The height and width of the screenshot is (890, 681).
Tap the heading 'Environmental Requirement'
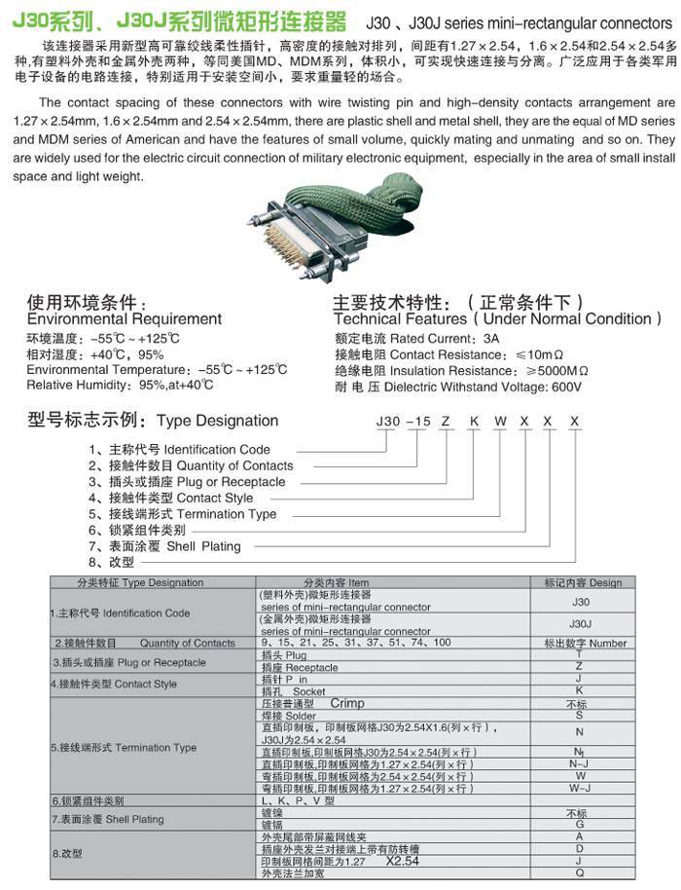point(125,318)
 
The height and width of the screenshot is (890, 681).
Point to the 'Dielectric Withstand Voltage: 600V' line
point(457,387)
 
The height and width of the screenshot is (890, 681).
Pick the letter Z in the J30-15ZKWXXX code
point(444,421)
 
